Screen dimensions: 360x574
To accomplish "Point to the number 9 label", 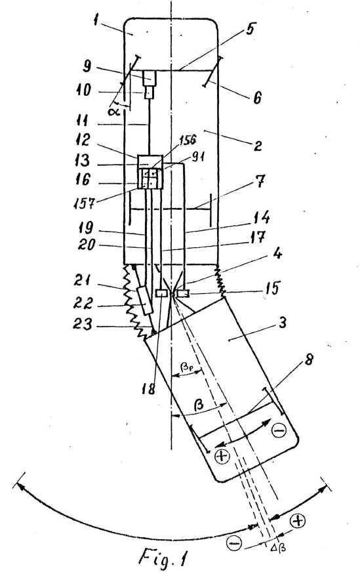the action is [x=87, y=67].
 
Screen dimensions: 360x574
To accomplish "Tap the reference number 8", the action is [x=308, y=361].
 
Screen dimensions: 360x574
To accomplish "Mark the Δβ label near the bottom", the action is [x=277, y=548].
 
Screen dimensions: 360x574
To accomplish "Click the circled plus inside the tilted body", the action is [x=222, y=456].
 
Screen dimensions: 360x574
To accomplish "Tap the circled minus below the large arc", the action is [x=234, y=543].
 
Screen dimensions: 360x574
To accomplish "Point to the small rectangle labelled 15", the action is [x=182, y=294].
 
